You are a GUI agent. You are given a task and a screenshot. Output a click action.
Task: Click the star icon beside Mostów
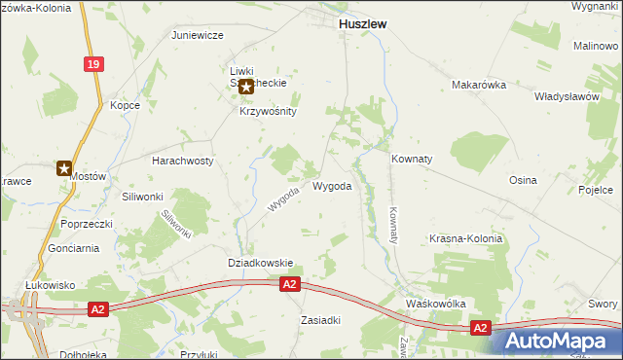point(64,167)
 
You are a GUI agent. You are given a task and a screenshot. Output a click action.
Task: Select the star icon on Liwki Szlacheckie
point(246,87)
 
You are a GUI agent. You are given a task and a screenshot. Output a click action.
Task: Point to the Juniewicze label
point(198,35)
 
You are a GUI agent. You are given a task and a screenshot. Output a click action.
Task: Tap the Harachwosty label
point(183,161)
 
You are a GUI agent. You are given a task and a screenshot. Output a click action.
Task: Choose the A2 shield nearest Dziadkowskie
point(289,284)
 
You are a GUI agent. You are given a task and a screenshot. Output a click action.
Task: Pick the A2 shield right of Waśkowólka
point(480,329)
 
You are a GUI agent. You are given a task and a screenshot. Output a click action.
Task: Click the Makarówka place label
point(479,85)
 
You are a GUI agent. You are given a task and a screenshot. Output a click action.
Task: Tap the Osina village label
point(523,180)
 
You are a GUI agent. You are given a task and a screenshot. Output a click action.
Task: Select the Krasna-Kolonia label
point(465,238)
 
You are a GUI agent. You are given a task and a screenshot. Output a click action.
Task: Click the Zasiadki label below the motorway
point(320,320)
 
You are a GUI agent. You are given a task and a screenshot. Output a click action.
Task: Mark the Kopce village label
point(126,105)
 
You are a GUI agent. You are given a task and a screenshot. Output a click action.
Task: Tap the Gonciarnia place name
point(73,248)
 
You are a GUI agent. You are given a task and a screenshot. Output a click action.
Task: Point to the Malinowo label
point(596,46)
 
